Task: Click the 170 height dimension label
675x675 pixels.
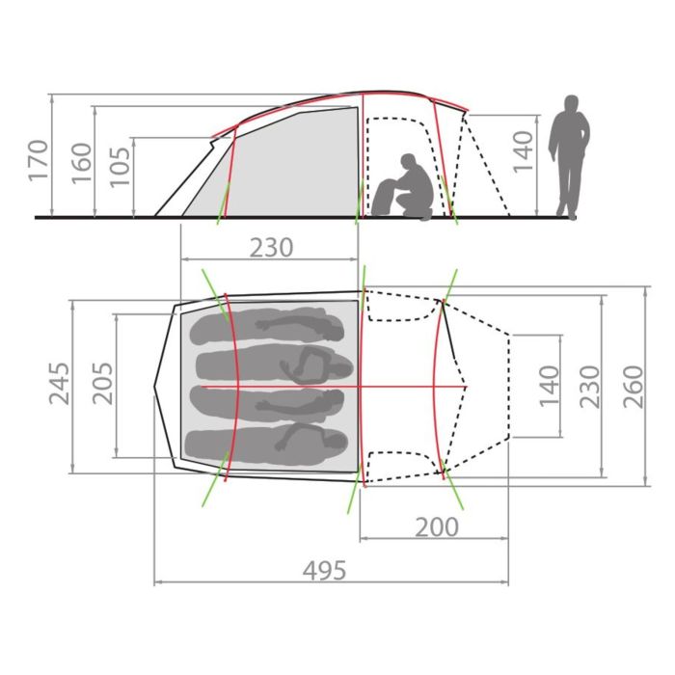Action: [x=37, y=160]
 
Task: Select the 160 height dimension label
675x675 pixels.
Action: [x=81, y=164]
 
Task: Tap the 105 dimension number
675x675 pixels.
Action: [x=120, y=167]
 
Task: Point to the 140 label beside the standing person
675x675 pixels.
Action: [x=524, y=152]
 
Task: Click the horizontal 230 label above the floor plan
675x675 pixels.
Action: [x=272, y=248]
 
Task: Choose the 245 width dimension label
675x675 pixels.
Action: [x=59, y=384]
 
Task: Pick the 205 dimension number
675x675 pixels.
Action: [x=103, y=383]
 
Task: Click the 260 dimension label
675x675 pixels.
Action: [x=634, y=387]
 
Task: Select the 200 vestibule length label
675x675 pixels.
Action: [x=437, y=526]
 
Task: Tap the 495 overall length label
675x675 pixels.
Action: [x=324, y=571]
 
